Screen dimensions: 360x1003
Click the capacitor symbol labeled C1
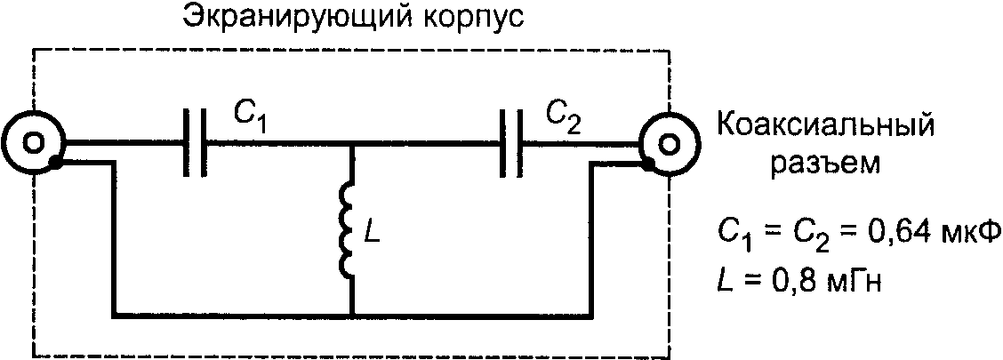(195, 141)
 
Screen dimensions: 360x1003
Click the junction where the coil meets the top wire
(352, 142)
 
